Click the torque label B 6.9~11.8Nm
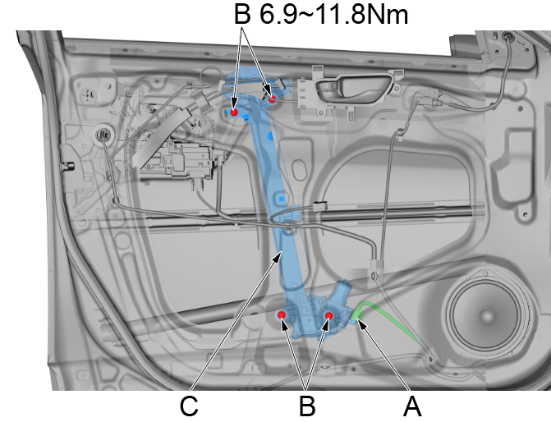(x=321, y=14)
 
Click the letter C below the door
(x=189, y=407)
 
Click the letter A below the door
(x=412, y=407)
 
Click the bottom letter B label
(x=307, y=407)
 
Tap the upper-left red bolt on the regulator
(x=234, y=112)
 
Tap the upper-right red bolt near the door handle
(x=272, y=99)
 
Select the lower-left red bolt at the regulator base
(x=282, y=315)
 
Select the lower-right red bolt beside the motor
(x=328, y=316)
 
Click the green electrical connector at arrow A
(x=356, y=315)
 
